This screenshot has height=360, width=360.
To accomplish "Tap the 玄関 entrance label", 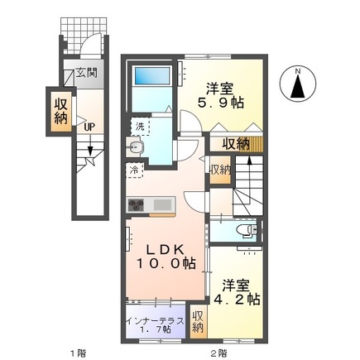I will (x=86, y=73).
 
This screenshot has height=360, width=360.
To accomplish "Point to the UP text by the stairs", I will (x=88, y=127).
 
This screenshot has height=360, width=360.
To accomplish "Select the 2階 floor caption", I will (x=218, y=353).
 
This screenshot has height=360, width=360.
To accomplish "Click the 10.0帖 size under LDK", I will (x=166, y=266).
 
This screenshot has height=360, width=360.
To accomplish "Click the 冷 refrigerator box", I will (x=135, y=170).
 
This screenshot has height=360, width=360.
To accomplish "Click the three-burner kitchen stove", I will (x=136, y=205).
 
